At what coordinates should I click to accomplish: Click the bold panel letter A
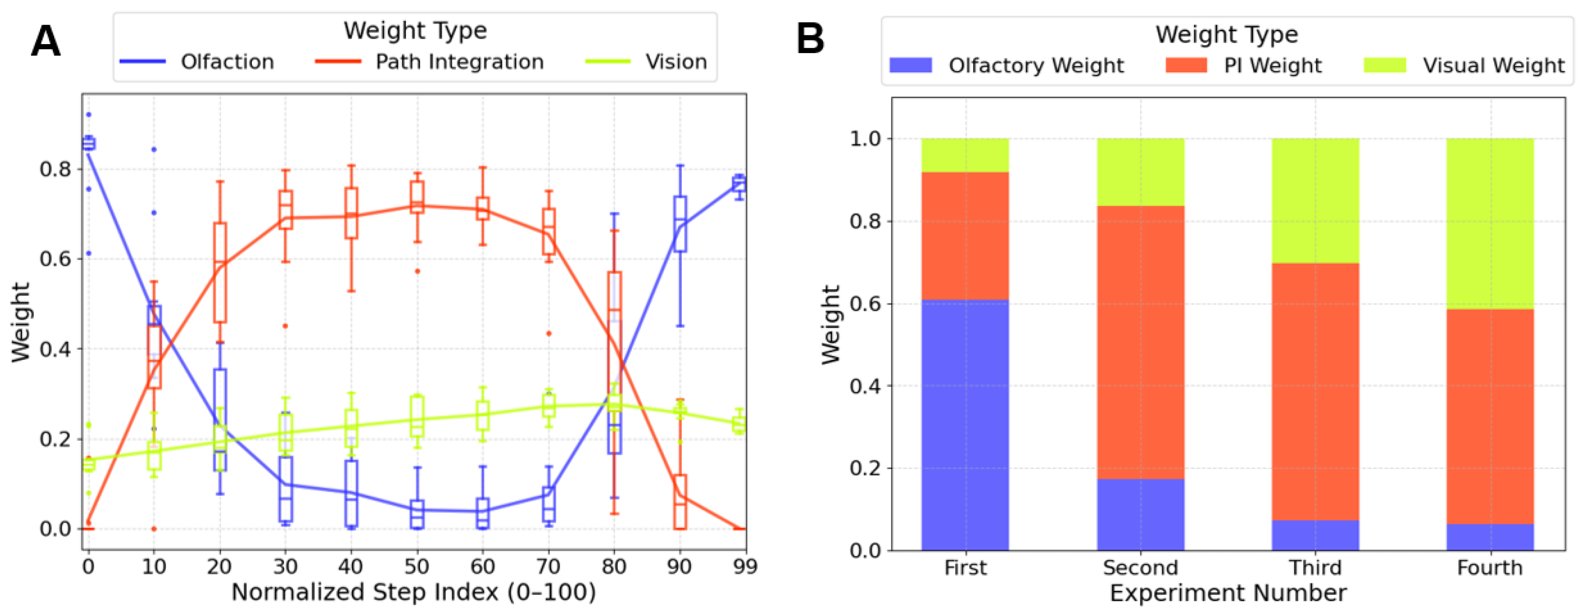46,42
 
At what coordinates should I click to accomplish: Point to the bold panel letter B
810,40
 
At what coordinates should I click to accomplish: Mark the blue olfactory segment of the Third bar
1315,535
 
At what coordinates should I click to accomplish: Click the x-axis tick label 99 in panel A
745,566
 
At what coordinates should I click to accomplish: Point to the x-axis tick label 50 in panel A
417,566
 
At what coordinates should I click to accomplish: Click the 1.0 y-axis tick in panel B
865,139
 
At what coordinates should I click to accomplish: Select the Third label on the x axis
1315,567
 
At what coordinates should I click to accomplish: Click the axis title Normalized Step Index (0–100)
413,593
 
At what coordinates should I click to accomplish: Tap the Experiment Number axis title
1228,593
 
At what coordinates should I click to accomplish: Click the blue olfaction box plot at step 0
89,144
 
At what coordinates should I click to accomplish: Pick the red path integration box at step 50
417,197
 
